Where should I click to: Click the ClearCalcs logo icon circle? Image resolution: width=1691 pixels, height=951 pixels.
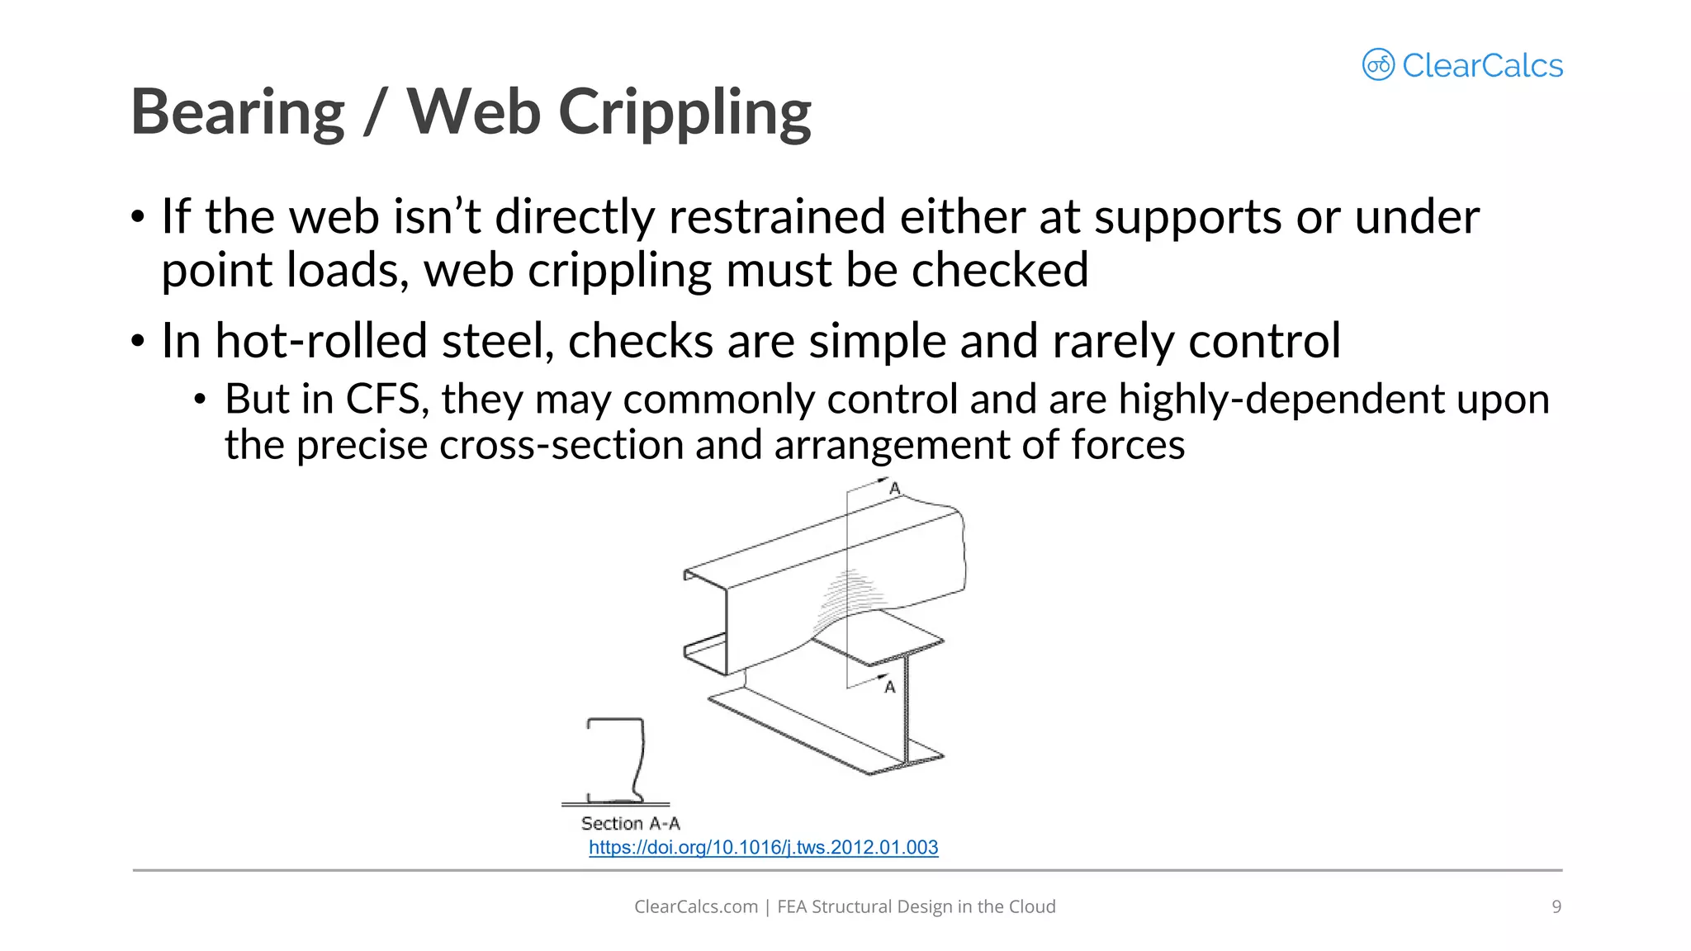pyautogui.click(x=1378, y=64)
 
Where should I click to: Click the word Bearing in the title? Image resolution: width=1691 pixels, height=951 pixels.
pyautogui.click(x=238, y=112)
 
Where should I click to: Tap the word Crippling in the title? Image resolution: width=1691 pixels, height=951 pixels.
pyautogui.click(x=684, y=112)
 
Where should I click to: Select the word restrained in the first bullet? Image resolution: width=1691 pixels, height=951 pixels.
pyautogui.click(x=776, y=217)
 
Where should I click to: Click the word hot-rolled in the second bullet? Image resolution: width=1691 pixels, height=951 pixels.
pyautogui.click(x=320, y=341)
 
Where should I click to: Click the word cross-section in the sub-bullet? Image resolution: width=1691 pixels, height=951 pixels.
pyautogui.click(x=561, y=445)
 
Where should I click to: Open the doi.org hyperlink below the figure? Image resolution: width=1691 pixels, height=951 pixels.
pyautogui.click(x=763, y=848)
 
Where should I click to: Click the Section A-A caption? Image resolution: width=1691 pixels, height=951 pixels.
pyautogui.click(x=630, y=823)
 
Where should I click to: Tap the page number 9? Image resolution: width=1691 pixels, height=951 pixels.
pyautogui.click(x=1556, y=906)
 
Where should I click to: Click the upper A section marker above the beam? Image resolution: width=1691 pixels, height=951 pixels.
pyautogui.click(x=894, y=489)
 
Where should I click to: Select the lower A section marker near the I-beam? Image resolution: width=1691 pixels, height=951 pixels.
pyautogui.click(x=890, y=687)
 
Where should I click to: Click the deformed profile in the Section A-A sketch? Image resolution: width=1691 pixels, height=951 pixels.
pyautogui.click(x=637, y=759)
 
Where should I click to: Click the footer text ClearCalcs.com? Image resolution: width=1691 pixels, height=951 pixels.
pyautogui.click(x=695, y=906)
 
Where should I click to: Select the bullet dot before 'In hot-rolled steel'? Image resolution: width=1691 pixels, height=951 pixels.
pyautogui.click(x=138, y=341)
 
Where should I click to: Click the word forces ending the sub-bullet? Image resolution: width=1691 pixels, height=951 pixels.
pyautogui.click(x=1127, y=445)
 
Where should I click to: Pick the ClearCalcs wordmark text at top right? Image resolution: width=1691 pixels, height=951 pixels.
pyautogui.click(x=1482, y=65)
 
